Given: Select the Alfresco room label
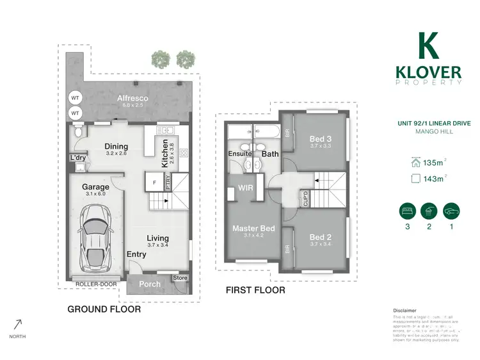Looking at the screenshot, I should point(133,98).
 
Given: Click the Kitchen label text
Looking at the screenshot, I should point(165,153).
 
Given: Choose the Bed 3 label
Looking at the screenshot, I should point(321,138).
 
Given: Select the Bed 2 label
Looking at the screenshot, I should point(321,235).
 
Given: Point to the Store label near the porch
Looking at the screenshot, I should point(180,277).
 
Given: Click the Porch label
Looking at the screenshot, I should point(150,284).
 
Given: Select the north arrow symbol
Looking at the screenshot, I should point(17,325).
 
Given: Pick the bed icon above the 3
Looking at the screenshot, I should point(405,209).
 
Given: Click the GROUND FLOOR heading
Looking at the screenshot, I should point(104,309).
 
